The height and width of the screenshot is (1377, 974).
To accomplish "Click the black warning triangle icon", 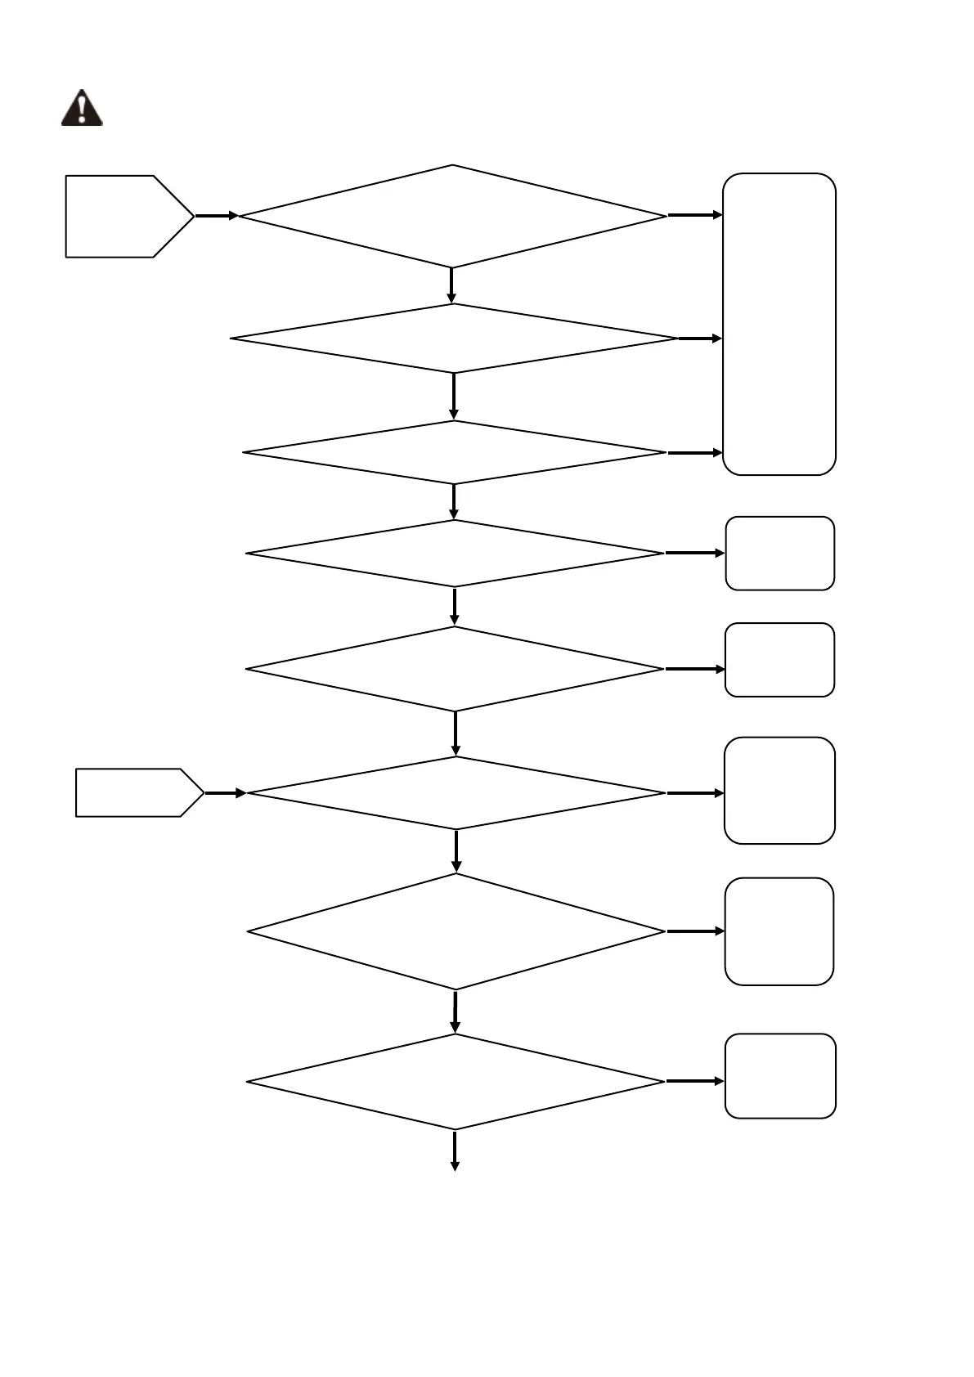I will [x=82, y=109].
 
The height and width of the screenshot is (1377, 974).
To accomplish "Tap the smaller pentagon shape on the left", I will [x=136, y=792].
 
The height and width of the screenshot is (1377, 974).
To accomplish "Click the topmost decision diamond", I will [x=452, y=217].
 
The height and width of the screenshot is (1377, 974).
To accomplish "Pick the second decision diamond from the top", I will [x=454, y=339].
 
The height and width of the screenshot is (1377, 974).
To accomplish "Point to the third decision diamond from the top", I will [x=455, y=452].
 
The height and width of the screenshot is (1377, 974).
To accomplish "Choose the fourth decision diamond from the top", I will [x=455, y=554].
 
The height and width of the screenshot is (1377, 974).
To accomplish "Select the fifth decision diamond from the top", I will [x=455, y=669].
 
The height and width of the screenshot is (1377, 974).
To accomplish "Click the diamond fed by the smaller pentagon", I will [x=456, y=793].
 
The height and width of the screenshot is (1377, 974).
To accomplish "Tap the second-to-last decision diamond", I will [x=456, y=931].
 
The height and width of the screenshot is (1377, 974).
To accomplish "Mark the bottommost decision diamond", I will [x=455, y=1082].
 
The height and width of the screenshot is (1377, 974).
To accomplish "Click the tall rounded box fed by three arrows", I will [x=779, y=324].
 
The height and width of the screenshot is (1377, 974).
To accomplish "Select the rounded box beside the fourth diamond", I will [x=780, y=554].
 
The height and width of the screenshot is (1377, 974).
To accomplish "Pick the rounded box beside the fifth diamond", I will [x=779, y=660].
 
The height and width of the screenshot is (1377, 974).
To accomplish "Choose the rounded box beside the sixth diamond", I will [x=779, y=791].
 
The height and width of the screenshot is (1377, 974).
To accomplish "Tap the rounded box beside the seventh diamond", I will [x=779, y=931].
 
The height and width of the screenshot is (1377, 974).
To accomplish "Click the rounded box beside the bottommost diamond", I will [x=780, y=1076].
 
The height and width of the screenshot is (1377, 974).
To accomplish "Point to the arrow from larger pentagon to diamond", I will [x=217, y=216].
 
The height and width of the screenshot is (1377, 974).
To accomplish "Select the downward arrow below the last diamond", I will [x=455, y=1151].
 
